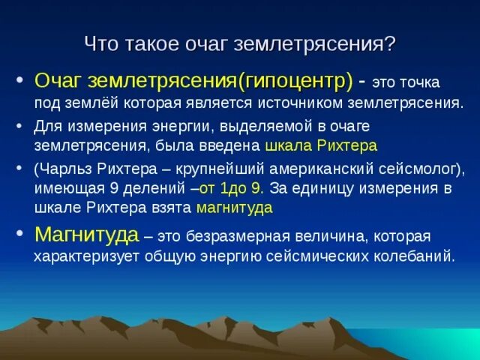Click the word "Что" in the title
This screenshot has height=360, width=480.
point(100,43)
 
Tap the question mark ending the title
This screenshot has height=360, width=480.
point(389,43)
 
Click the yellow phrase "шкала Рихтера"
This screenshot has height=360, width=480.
point(321,145)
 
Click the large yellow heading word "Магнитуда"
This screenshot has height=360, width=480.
point(86,235)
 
